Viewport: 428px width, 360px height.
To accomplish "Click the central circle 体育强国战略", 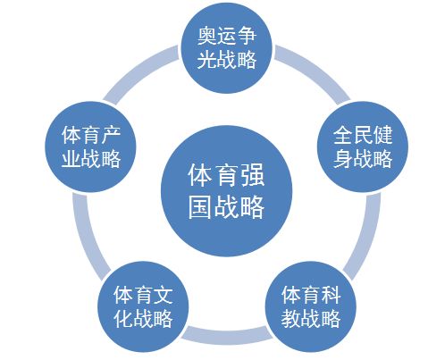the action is [226, 191].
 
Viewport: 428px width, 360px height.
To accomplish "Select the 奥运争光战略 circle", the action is [227, 47].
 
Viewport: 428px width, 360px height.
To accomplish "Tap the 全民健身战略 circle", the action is [363, 147].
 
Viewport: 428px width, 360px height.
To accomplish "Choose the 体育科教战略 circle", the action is [311, 306].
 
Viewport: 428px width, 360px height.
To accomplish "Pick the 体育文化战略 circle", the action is [143, 306].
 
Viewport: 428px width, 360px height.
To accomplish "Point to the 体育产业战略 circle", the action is [90, 147].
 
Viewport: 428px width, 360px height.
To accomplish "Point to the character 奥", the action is [207, 36].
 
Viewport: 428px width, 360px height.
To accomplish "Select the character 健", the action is [382, 135].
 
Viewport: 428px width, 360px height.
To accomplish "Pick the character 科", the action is [331, 295].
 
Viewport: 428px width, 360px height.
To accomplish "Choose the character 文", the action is [164, 295].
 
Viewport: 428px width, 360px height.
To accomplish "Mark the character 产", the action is [111, 135].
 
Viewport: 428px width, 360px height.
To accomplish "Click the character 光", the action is [207, 59].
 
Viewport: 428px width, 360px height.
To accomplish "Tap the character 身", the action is [343, 158].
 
